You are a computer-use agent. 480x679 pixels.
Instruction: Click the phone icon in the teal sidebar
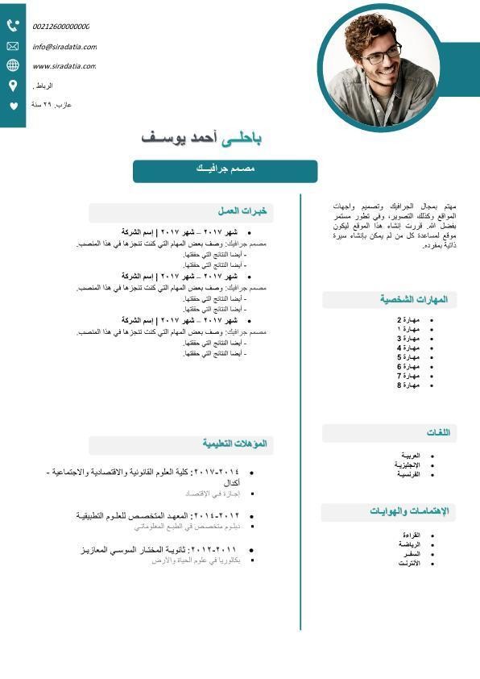point(13,26)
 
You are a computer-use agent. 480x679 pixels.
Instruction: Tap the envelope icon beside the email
point(13,46)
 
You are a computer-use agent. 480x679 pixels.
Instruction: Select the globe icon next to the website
point(13,66)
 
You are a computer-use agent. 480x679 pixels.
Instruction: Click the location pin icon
point(13,85)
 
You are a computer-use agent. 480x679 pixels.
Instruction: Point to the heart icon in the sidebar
point(13,106)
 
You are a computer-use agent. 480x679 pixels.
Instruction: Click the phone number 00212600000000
point(61,27)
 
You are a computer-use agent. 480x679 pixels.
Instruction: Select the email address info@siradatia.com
point(64,47)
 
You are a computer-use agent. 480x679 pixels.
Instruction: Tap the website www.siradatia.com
point(64,66)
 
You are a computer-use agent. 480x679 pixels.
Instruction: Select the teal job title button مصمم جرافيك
point(225,171)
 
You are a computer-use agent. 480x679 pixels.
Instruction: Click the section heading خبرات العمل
point(242,212)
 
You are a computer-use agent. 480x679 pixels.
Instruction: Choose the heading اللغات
point(437,433)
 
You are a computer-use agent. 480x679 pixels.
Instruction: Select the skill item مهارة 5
point(408,357)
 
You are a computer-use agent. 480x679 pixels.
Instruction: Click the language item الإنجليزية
point(407,464)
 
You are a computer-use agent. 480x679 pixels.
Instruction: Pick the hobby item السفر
point(411,554)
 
